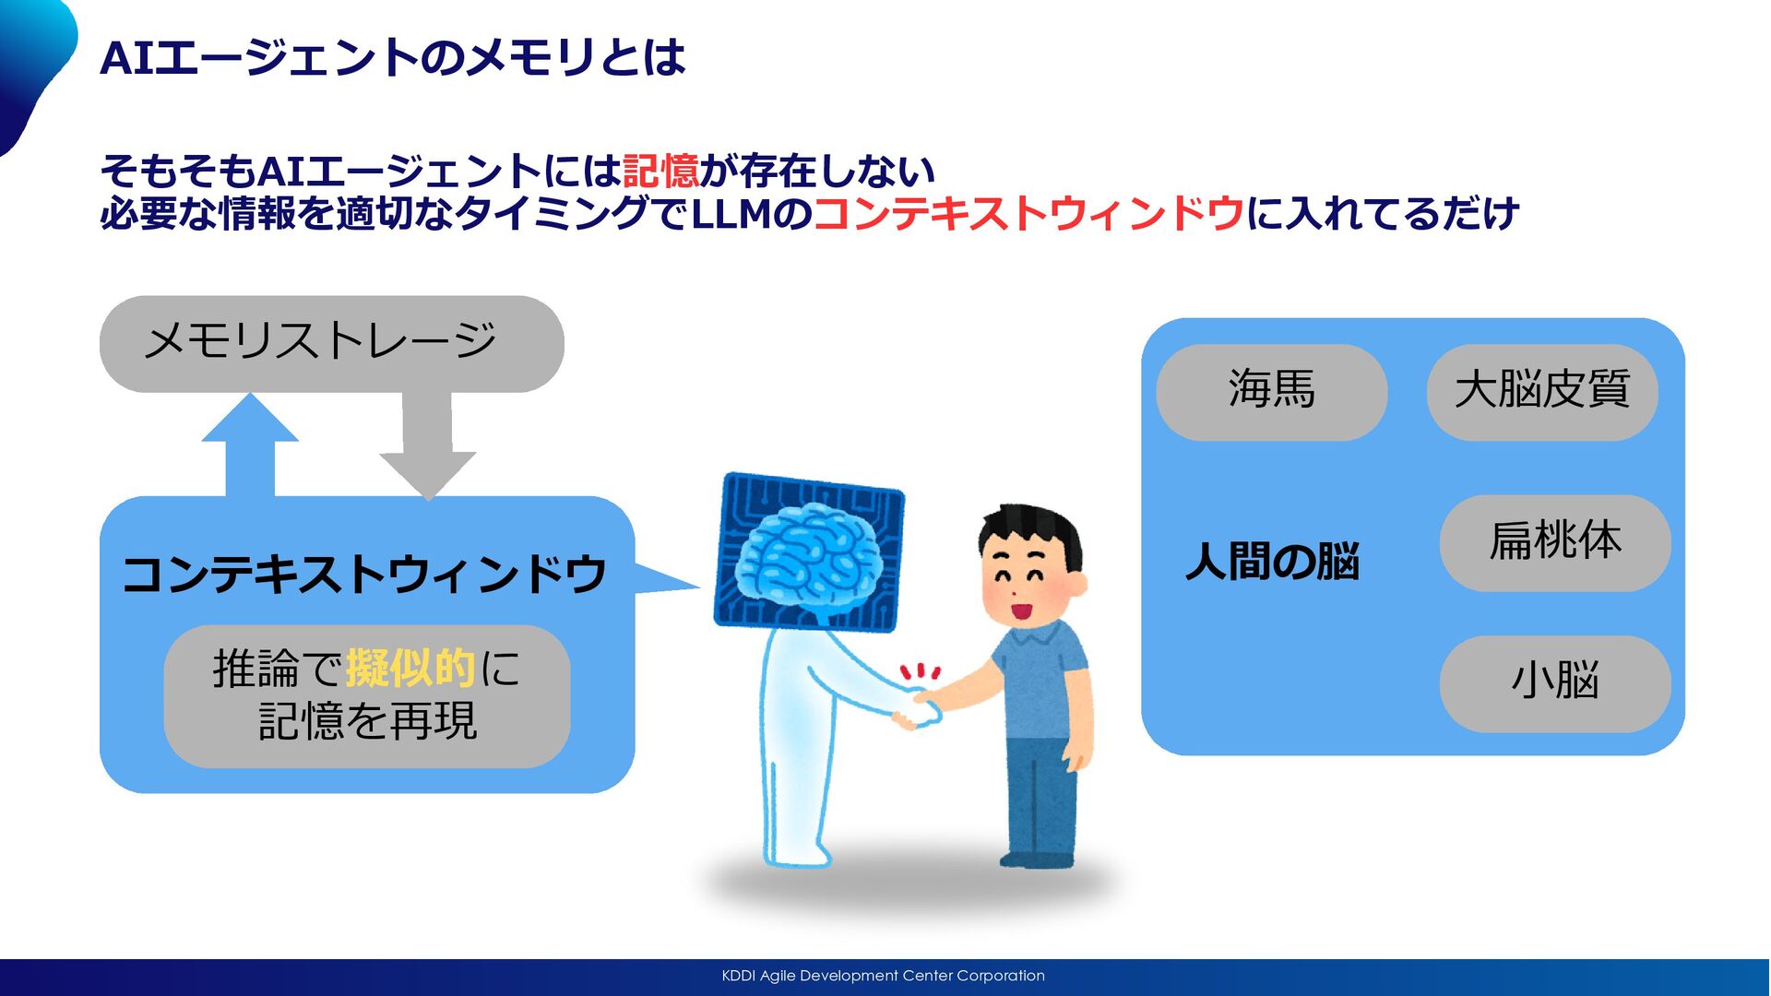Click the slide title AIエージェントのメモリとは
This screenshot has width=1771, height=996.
click(392, 58)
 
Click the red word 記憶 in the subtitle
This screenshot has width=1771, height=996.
click(660, 171)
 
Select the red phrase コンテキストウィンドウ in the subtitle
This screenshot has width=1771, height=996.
click(1028, 214)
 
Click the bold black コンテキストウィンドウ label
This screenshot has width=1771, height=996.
click(363, 575)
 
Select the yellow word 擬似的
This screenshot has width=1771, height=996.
click(410, 668)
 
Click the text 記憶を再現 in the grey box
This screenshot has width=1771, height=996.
click(367, 721)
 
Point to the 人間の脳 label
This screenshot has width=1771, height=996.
click(1272, 562)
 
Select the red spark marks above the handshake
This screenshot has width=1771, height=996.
click(921, 671)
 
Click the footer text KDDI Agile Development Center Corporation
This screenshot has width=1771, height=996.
click(883, 976)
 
